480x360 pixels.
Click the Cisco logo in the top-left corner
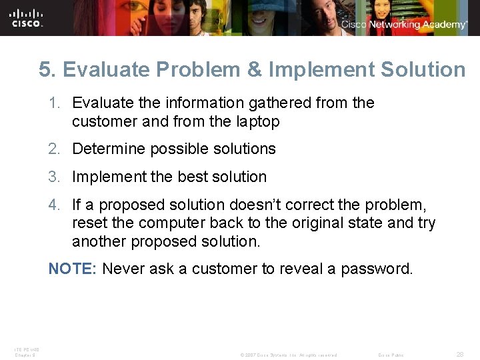(x=27, y=17)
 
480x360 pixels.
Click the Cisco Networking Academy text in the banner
(x=404, y=25)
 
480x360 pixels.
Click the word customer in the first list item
(x=101, y=121)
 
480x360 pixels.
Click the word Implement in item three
(x=103, y=177)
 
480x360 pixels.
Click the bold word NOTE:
(x=73, y=269)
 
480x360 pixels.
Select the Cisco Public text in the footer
(x=391, y=355)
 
